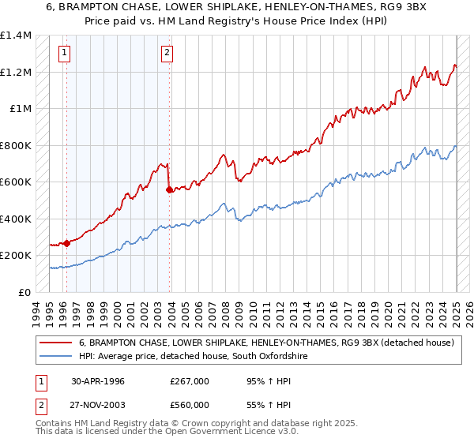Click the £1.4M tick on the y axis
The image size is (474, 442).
click(16, 36)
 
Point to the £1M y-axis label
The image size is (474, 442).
click(20, 109)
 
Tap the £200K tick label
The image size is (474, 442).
click(16, 256)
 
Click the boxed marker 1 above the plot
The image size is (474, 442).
click(63, 54)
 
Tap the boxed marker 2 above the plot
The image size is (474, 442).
click(167, 54)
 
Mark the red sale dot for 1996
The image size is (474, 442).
click(67, 243)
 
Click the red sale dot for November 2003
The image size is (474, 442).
click(170, 189)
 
